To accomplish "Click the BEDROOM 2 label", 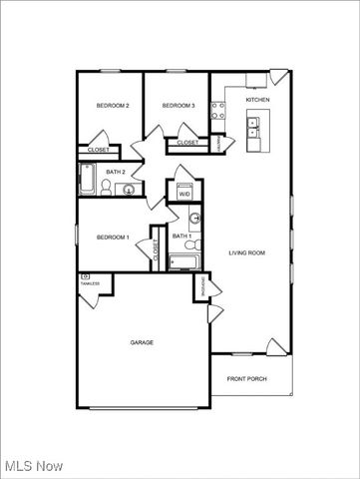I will [113, 105].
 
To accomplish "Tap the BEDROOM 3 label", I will [179, 105].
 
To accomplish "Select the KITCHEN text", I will [257, 100].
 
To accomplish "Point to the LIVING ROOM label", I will [246, 252].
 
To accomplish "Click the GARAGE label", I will [142, 342].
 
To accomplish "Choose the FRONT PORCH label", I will [247, 378].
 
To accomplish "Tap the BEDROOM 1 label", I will [113, 237].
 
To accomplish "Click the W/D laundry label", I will [184, 194].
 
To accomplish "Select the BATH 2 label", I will [115, 172].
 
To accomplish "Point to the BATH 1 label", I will [180, 236].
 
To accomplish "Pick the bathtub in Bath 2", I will [87, 180].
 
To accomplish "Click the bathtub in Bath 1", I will [184, 263].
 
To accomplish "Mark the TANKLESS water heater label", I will [90, 282].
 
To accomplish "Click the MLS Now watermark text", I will [34, 466].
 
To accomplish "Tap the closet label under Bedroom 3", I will [188, 143].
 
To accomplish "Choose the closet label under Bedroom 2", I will [98, 150].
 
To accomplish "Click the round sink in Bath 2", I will [129, 190].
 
